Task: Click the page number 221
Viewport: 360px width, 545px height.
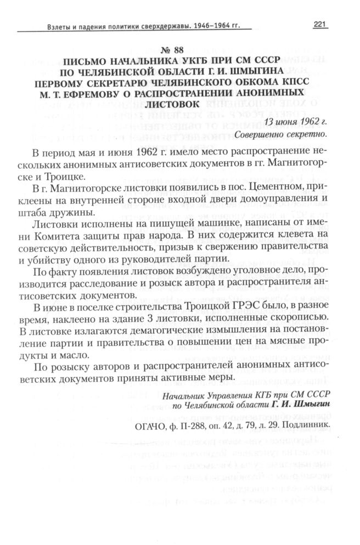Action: coord(320,24)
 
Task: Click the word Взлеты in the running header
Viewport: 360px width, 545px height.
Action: coord(45,26)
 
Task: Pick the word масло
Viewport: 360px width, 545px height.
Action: coord(82,355)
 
